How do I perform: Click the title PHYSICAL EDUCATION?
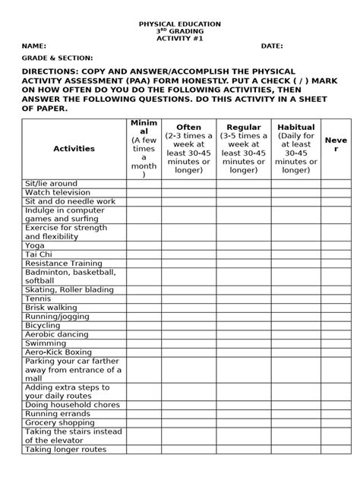[180, 24]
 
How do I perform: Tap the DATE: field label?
[273, 46]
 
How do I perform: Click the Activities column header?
[74, 149]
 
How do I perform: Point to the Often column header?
[188, 127]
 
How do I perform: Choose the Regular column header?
[242, 127]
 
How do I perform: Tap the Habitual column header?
[296, 127]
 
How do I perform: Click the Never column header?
[335, 144]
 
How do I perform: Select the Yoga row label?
[35, 245]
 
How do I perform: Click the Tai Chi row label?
[38, 254]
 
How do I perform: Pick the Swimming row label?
[46, 343]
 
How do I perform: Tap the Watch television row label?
[58, 193]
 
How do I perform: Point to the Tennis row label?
[38, 298]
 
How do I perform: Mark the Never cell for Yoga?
[335, 245]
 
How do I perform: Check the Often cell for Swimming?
[188, 343]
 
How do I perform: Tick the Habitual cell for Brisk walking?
[296, 308]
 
